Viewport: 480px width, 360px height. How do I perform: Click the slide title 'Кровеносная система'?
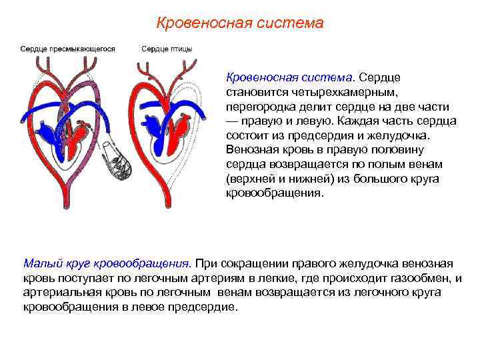tap(239, 23)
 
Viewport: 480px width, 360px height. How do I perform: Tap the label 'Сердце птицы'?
tap(167, 49)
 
